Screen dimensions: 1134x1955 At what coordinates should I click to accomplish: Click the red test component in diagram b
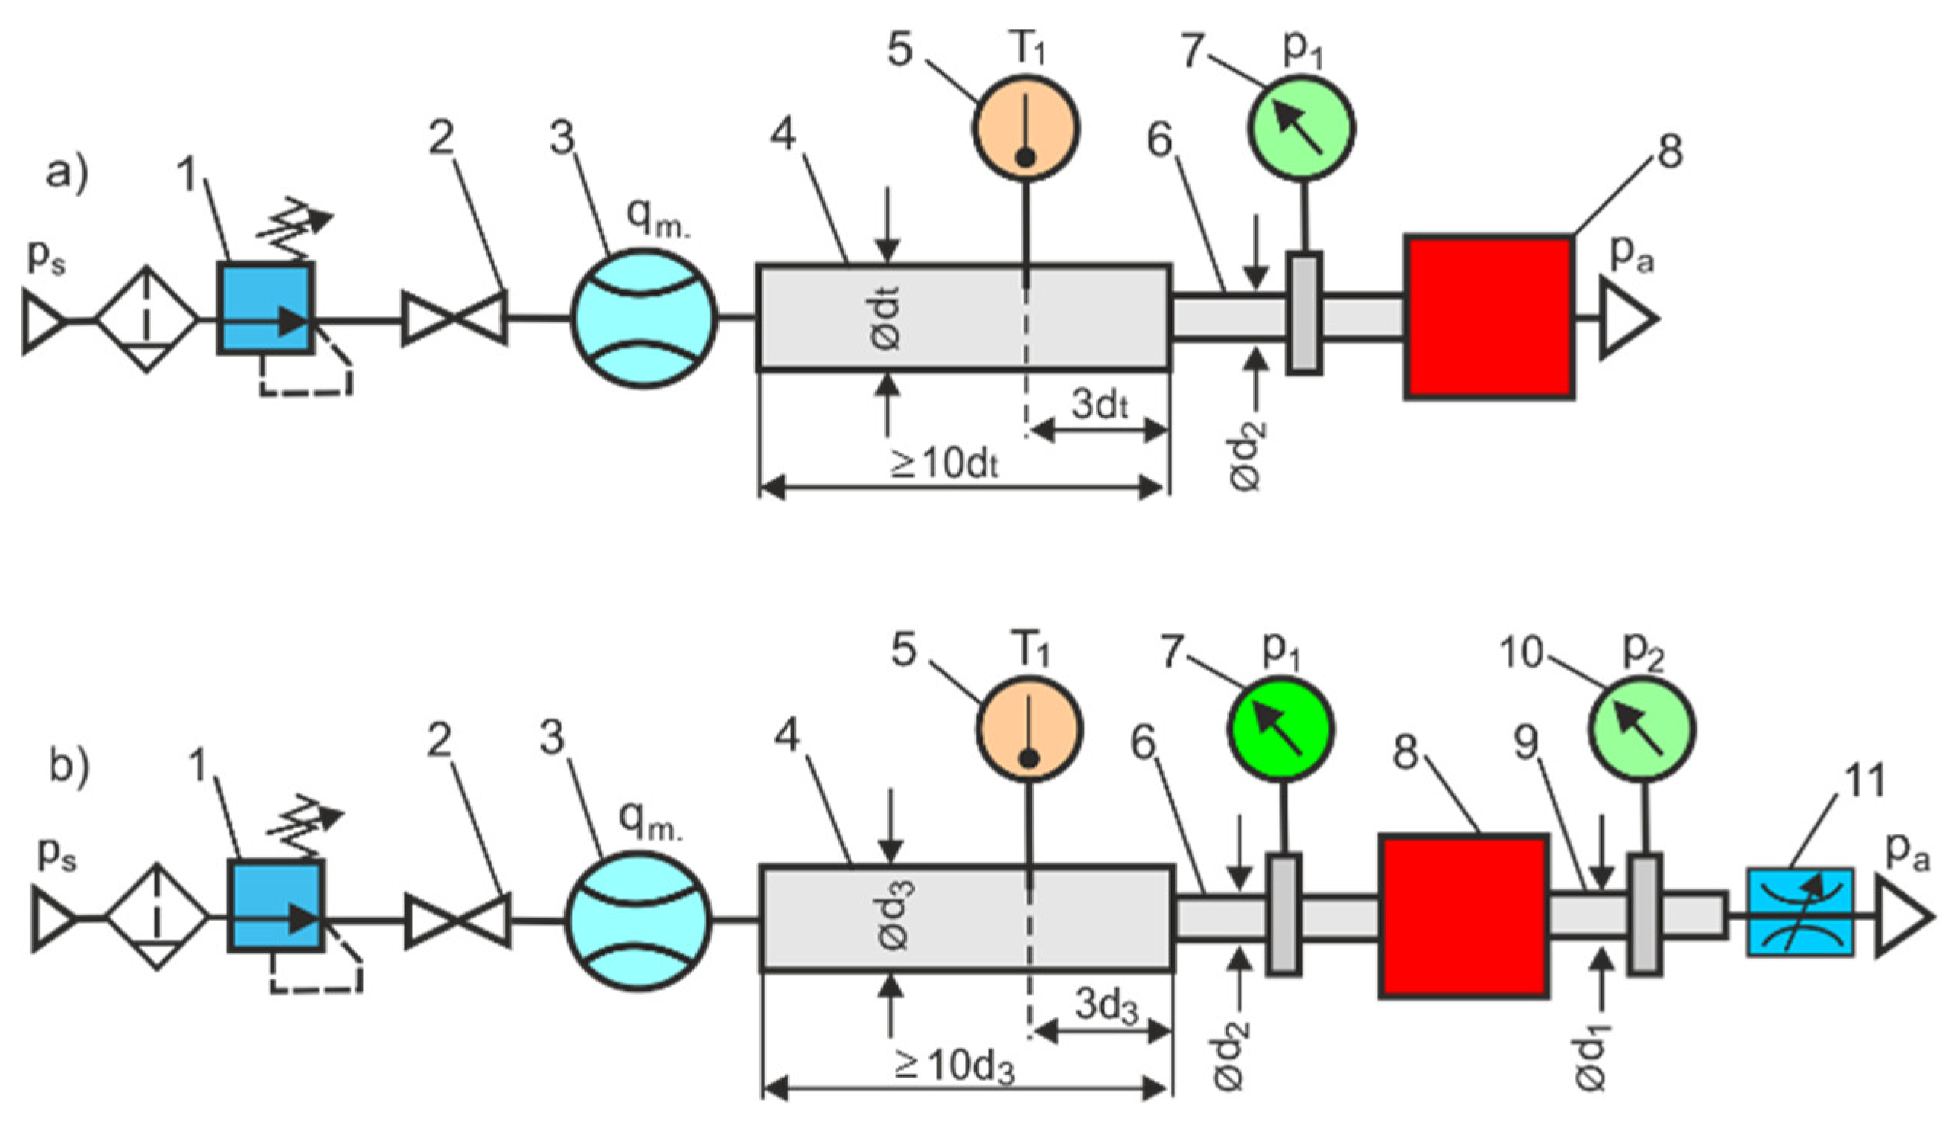coord(1463,916)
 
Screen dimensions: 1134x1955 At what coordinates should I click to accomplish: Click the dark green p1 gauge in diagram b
coord(1280,729)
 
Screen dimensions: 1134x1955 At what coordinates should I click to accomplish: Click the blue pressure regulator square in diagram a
coord(266,308)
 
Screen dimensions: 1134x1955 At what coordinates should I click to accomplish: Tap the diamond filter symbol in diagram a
coord(146,319)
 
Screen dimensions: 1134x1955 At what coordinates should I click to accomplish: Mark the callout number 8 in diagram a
coord(1668,152)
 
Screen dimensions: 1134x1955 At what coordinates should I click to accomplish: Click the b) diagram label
coord(70,767)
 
